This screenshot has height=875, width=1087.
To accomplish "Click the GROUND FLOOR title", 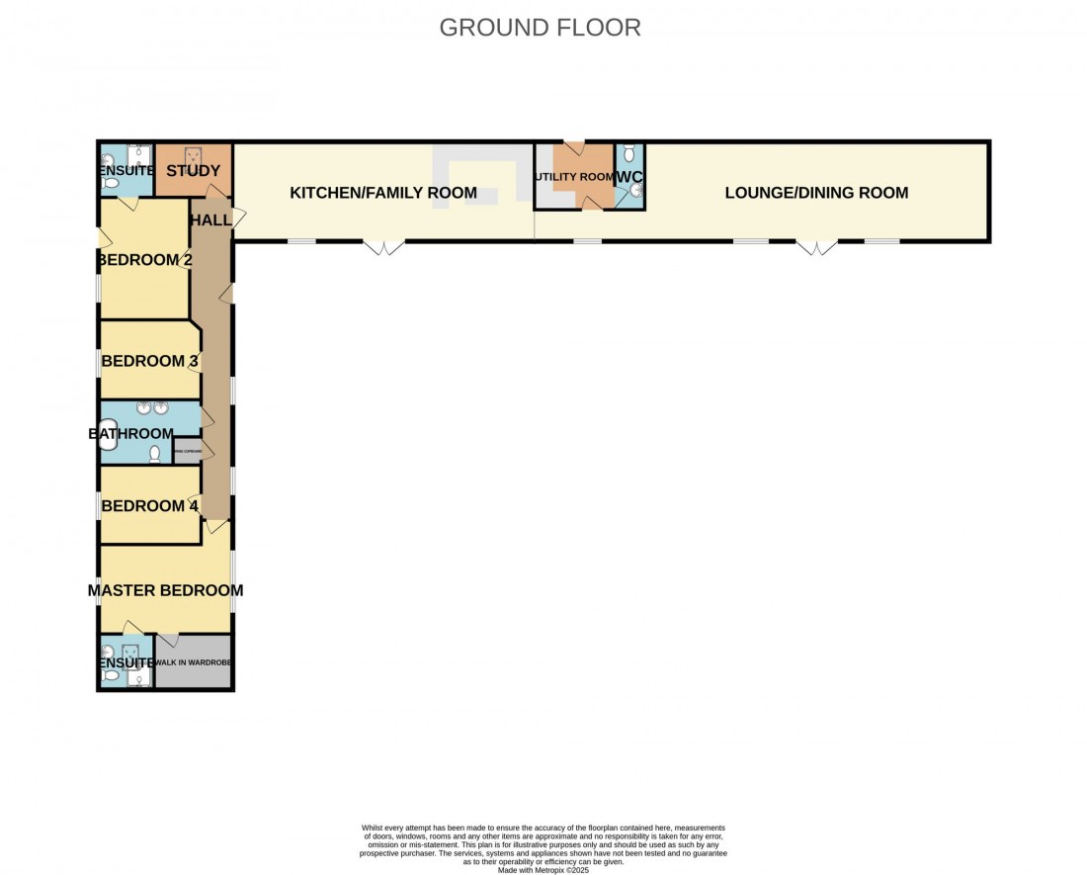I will (x=540, y=28).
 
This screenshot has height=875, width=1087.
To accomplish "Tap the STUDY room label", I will (x=194, y=171).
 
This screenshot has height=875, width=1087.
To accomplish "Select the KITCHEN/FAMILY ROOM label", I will (x=383, y=193).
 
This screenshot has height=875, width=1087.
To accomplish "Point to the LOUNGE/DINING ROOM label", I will (x=816, y=193).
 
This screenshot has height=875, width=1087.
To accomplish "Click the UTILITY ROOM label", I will (x=574, y=177).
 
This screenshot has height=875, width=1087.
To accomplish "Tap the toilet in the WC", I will (x=629, y=155).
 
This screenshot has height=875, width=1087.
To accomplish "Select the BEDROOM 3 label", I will (x=150, y=361).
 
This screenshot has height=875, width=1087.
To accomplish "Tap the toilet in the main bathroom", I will (x=155, y=454).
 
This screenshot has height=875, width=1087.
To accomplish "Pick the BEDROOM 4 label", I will (x=150, y=506).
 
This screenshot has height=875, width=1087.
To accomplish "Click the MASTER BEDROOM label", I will (x=165, y=590).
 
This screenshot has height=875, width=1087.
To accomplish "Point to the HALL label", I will (x=210, y=220).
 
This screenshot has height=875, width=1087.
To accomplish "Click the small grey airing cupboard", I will (x=188, y=452).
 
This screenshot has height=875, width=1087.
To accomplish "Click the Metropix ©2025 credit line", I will (x=543, y=870).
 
